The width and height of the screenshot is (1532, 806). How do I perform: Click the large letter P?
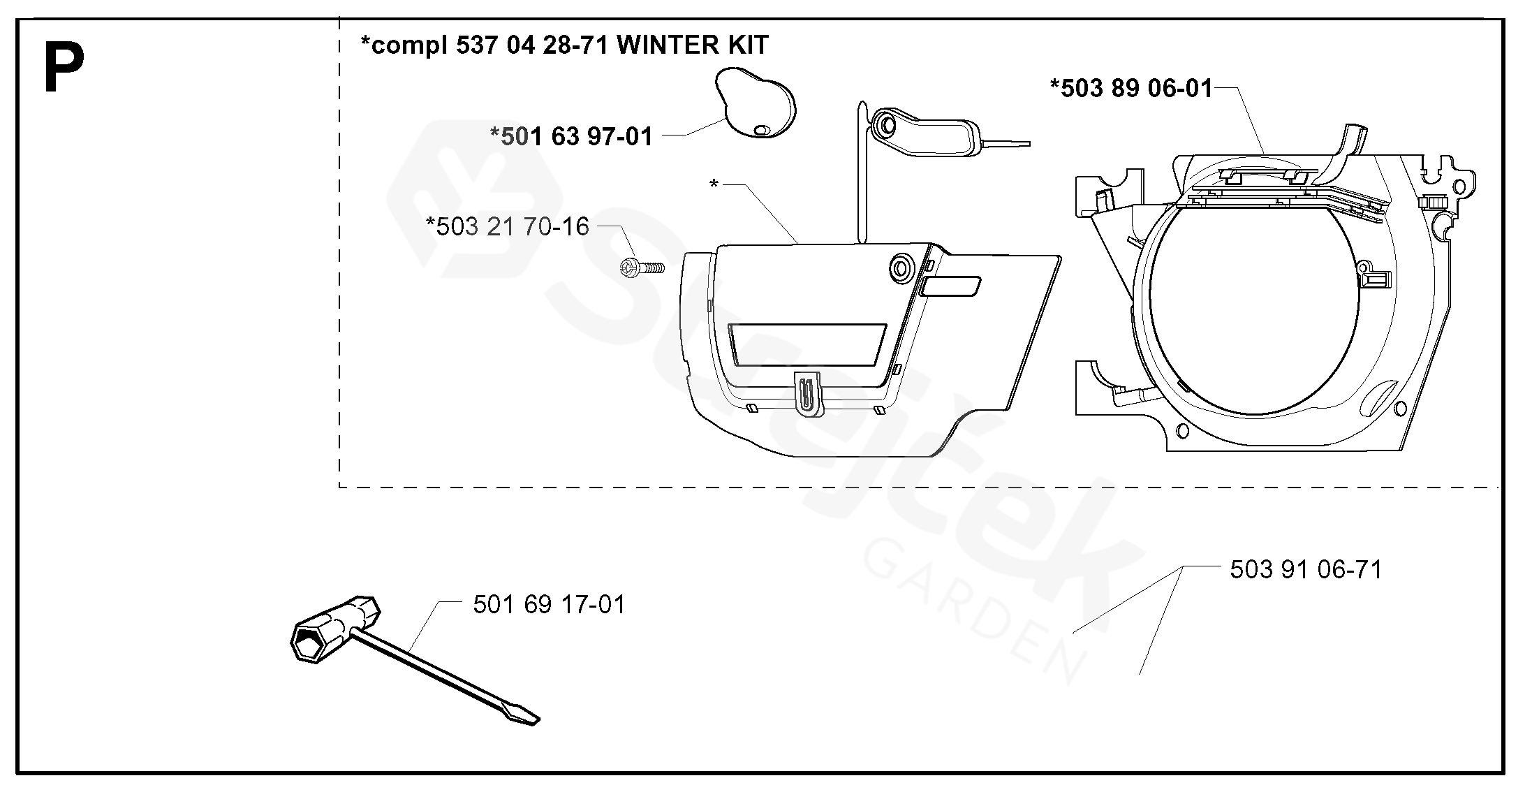tap(64, 68)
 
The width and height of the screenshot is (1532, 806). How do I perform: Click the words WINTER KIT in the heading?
tap(693, 45)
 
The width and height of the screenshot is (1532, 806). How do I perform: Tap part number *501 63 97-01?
tap(572, 136)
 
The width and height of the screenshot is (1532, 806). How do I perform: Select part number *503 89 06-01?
tap(1131, 89)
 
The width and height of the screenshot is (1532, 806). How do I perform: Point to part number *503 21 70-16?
tap(508, 226)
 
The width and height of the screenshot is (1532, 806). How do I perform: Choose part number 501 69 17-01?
tap(549, 604)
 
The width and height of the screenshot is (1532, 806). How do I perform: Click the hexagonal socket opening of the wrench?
tap(309, 641)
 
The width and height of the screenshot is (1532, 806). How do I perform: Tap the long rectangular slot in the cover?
tap(807, 344)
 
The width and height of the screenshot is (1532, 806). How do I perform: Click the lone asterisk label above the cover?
tap(714, 184)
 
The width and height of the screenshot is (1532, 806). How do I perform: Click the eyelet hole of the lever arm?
tap(886, 126)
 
